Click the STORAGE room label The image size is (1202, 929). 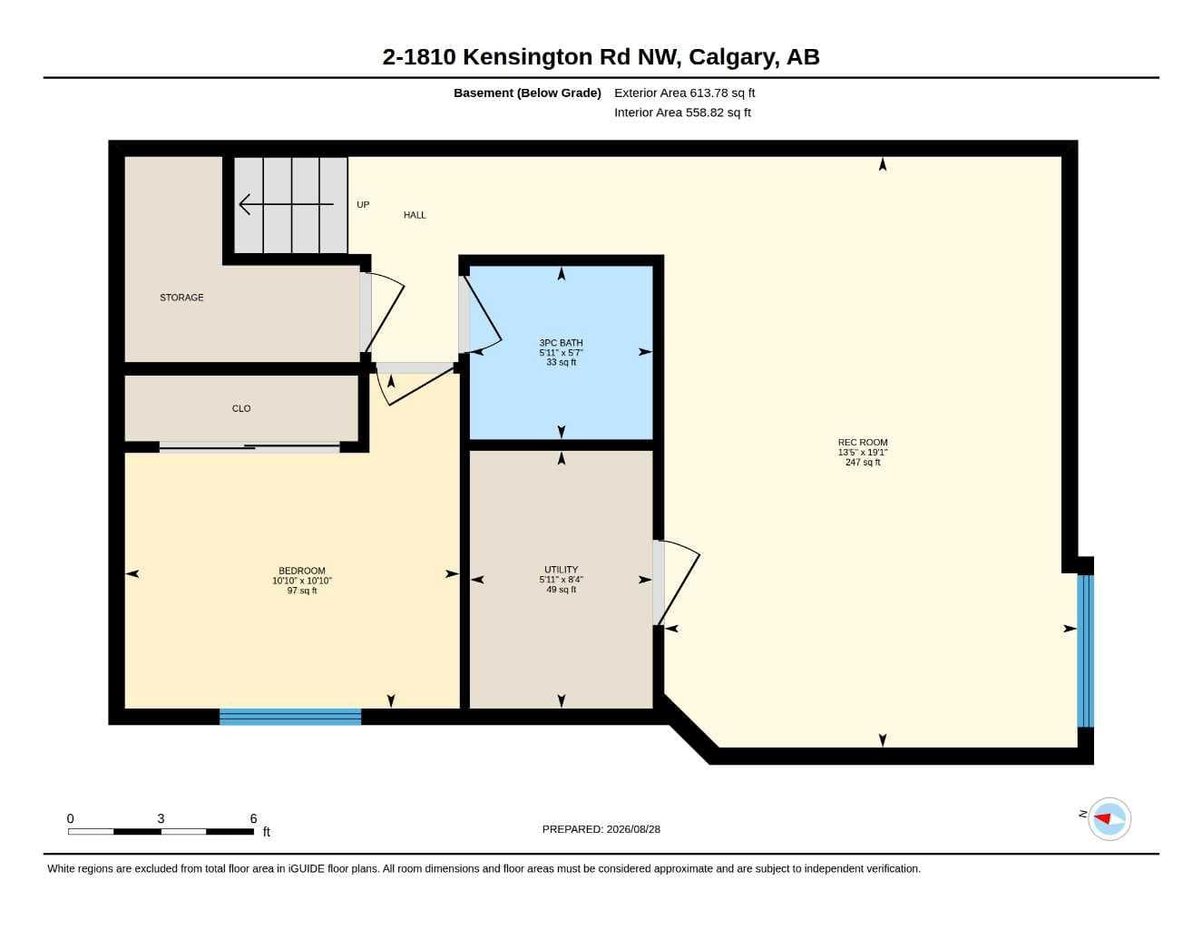tap(181, 298)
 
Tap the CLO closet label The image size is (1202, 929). tap(241, 408)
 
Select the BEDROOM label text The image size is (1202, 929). tap(302, 571)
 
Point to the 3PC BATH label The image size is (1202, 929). tap(561, 343)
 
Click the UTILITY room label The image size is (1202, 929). tap(561, 570)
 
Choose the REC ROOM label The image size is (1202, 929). tap(863, 443)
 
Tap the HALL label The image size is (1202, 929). tap(415, 215)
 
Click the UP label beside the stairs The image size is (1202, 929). tap(363, 205)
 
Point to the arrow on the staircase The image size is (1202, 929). tap(286, 205)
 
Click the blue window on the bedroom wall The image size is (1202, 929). tap(290, 717)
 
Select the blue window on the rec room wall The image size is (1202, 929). tap(1085, 650)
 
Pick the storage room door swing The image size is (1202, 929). tap(385, 313)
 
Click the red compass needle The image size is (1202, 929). tap(1102, 817)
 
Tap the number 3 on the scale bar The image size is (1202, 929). tap(161, 818)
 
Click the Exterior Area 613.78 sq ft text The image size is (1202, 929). tap(684, 93)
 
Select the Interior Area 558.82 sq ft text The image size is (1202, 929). tap(682, 112)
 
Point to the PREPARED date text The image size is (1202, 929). tap(601, 829)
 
